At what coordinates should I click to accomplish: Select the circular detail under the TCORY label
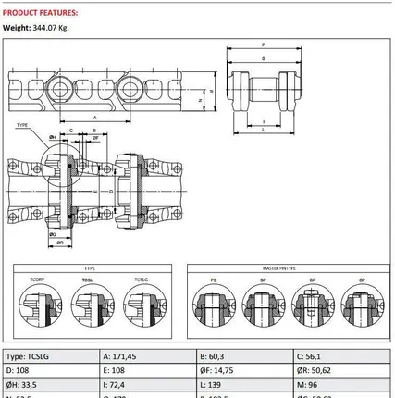coord(38,305)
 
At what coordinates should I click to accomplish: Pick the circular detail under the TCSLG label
coord(141,305)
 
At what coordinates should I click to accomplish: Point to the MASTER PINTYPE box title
coord(285,267)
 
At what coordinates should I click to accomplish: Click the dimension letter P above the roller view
coord(264,44)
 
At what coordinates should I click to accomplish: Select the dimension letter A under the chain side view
coord(97,118)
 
